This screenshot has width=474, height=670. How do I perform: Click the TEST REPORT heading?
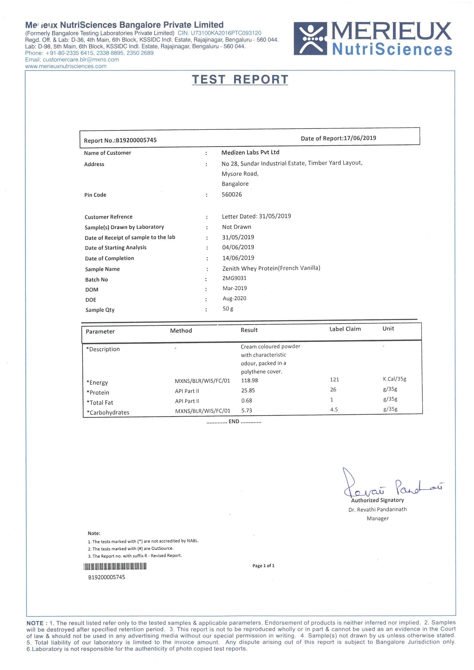(240, 80)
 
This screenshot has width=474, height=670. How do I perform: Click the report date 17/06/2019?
(360, 138)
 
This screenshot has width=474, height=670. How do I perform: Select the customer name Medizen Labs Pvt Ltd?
(250, 152)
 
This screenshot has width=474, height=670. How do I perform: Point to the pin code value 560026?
(232, 194)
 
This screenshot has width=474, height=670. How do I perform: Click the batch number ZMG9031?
(234, 278)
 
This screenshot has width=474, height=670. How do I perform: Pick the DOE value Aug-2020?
(234, 298)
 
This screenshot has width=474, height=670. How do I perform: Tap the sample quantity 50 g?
(228, 308)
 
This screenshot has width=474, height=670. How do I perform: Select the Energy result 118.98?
(249, 380)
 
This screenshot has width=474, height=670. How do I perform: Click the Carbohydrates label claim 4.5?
(334, 410)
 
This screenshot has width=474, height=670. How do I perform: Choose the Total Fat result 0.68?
(247, 400)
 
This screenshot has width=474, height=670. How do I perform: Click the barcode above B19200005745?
(115, 567)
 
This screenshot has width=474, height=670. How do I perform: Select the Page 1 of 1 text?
(263, 565)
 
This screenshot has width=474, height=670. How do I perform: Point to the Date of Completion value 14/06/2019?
(238, 258)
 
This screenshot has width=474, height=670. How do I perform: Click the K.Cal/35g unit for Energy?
(394, 379)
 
